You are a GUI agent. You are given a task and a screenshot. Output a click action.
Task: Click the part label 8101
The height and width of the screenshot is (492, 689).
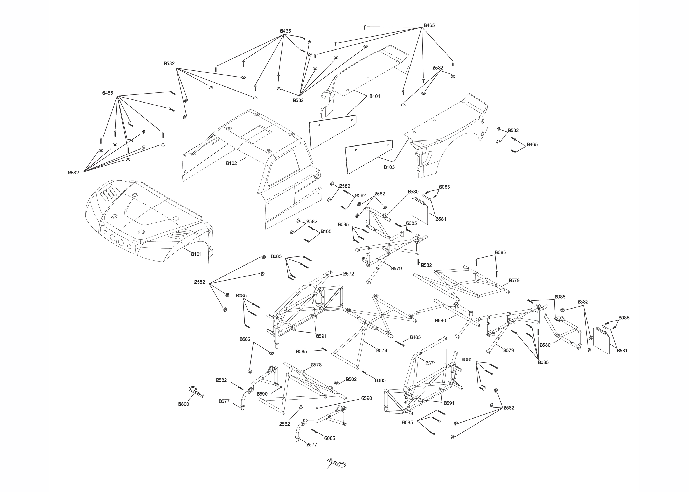click(x=196, y=254)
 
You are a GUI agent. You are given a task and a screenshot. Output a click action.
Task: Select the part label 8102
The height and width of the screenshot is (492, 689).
click(x=232, y=163)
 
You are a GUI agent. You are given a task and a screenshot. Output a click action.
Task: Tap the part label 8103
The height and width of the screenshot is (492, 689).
click(x=389, y=167)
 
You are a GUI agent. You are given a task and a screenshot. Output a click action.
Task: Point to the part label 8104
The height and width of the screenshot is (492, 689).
click(x=375, y=96)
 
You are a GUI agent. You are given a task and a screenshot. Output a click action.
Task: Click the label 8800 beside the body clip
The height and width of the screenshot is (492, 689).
click(x=184, y=404)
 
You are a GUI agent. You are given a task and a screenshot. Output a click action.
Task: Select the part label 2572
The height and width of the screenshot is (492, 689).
click(x=349, y=274)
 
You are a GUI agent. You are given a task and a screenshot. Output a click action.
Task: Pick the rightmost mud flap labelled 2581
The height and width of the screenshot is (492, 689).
click(x=601, y=340)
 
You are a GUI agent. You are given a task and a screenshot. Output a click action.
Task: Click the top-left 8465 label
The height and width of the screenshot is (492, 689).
click(x=108, y=93)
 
